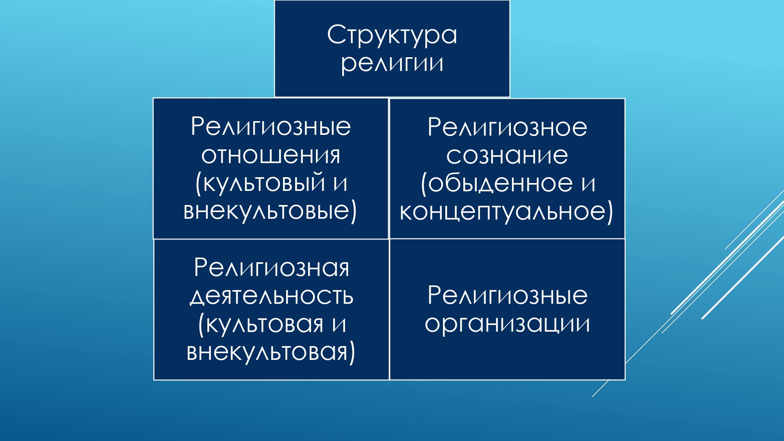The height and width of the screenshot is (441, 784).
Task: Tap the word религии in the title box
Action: [392, 64]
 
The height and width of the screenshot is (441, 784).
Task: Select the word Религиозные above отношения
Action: [271, 127]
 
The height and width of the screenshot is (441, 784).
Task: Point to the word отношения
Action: [271, 156]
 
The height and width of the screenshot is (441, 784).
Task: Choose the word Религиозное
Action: [507, 127]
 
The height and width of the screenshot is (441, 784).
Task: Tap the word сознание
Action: [507, 156]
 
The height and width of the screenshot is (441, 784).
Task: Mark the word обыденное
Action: [500, 183]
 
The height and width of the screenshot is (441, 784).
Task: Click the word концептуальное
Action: [503, 212]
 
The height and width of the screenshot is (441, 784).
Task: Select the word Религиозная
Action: [271, 268]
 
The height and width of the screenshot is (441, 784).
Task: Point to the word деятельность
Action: [272, 297]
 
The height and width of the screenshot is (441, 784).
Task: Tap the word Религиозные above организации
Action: [508, 296]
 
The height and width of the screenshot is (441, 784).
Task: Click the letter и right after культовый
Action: [341, 183]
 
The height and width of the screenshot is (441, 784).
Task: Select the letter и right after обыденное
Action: [588, 184]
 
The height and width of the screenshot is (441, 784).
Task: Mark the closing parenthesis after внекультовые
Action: [354, 211]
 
